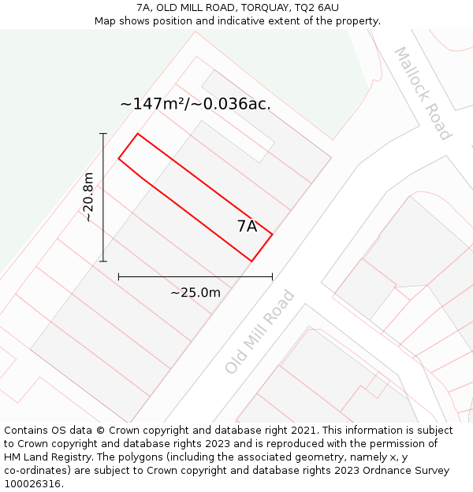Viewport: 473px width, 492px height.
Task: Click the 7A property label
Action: pyautogui.click(x=247, y=226)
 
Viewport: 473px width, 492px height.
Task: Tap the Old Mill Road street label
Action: pyautogui.click(x=259, y=332)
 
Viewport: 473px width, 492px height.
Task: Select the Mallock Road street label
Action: pyautogui.click(x=423, y=93)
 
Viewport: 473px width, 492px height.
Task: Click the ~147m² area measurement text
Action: pyautogui.click(x=196, y=104)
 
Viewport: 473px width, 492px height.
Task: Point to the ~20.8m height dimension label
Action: pyautogui.click(x=88, y=197)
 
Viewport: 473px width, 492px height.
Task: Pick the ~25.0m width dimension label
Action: pyautogui.click(x=196, y=293)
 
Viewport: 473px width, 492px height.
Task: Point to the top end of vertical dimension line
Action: pyautogui.click(x=103, y=134)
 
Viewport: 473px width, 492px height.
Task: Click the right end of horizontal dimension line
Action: pyautogui.click(x=272, y=277)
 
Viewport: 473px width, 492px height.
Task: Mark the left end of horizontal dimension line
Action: pyautogui.click(x=118, y=277)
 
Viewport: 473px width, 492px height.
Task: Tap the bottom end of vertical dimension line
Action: pyautogui.click(x=103, y=261)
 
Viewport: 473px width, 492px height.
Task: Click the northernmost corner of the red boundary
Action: pyautogui.click(x=138, y=134)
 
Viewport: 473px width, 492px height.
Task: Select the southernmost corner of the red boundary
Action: pyautogui.click(x=251, y=261)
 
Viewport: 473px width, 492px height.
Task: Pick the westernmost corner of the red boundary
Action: pyautogui.click(x=118, y=159)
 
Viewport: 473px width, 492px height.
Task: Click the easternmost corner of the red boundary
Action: pyautogui.click(x=272, y=234)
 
